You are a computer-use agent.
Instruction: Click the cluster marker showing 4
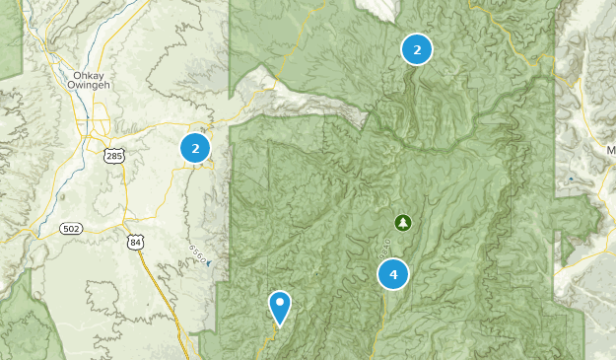point(393,274)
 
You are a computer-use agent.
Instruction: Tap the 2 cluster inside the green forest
point(417,49)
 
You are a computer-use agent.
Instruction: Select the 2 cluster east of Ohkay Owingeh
point(195,148)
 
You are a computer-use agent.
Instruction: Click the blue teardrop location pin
point(280,307)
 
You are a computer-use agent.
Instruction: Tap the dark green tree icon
point(401,222)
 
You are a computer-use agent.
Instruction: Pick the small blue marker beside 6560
point(209,263)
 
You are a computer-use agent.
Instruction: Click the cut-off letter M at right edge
point(610,151)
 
